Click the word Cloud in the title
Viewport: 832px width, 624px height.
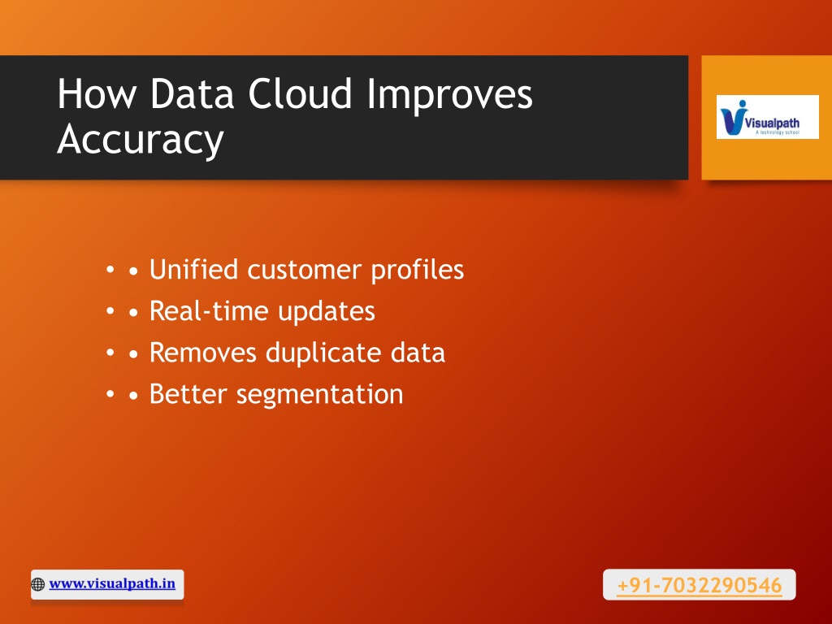tap(300, 94)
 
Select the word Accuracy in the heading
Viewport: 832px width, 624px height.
tap(141, 140)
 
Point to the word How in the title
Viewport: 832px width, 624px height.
tap(97, 94)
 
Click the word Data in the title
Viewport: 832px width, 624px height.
tap(192, 94)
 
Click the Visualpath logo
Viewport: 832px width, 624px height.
tap(767, 117)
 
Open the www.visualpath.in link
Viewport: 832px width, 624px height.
tap(112, 583)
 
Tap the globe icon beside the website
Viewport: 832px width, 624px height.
tap(37, 584)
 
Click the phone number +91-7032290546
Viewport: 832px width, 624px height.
tap(700, 585)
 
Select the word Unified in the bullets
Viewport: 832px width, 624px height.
tap(193, 269)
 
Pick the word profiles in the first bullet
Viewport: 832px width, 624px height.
tap(417, 270)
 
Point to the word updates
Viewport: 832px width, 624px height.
tap(327, 312)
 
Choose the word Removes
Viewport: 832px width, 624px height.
tap(203, 353)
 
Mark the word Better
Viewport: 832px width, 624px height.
tap(188, 394)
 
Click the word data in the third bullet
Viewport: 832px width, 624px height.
tap(418, 353)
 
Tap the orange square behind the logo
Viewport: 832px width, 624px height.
tap(767, 159)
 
